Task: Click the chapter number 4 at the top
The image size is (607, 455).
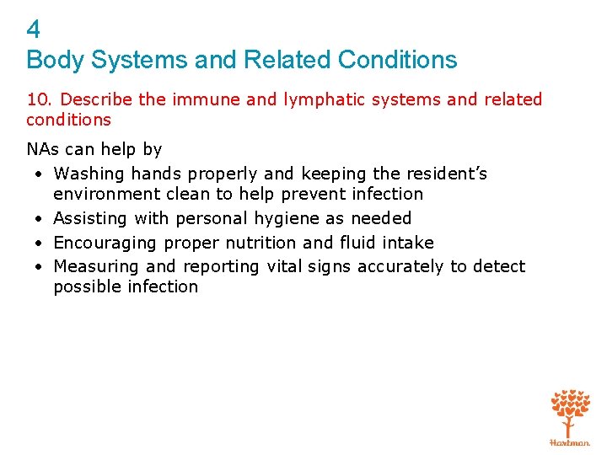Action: (x=34, y=30)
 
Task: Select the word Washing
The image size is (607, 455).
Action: (x=89, y=174)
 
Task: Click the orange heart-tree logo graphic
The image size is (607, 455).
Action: (x=570, y=412)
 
